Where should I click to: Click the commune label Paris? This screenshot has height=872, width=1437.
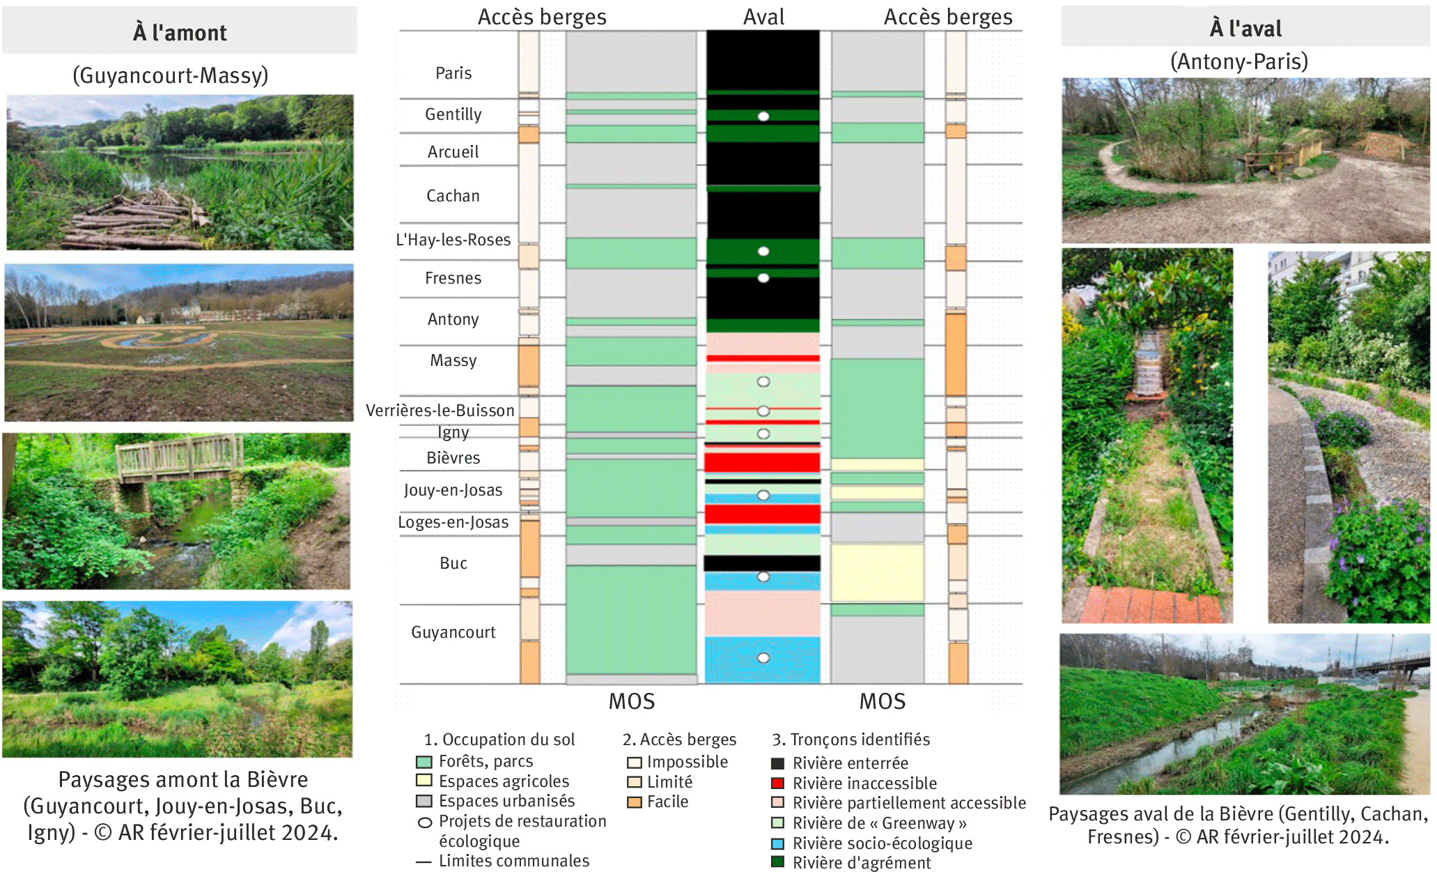click(453, 73)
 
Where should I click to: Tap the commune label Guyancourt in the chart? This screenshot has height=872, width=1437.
click(453, 632)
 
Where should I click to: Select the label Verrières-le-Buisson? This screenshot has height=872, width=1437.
click(440, 411)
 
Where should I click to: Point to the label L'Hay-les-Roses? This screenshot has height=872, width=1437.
click(453, 240)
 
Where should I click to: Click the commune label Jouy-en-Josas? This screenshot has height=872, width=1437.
click(453, 490)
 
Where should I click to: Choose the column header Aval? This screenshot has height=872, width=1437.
click(763, 17)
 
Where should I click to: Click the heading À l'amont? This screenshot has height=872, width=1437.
click(180, 32)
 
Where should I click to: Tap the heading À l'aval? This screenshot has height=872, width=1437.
click(1245, 29)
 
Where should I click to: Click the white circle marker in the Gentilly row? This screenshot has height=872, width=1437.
click(763, 116)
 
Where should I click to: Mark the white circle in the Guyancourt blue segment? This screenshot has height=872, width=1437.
click(763, 658)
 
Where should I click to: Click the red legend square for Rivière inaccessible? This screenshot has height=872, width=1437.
click(778, 783)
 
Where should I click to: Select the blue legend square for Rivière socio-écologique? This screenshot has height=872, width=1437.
click(778, 843)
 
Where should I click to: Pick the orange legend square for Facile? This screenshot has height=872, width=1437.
click(634, 802)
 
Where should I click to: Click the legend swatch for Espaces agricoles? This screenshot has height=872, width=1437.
click(424, 781)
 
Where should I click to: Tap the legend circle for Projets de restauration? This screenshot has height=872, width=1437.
click(424, 823)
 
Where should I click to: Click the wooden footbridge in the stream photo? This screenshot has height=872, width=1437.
click(179, 457)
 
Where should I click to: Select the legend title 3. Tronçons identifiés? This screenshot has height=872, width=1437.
click(850, 740)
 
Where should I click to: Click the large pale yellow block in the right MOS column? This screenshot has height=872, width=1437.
click(877, 572)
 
